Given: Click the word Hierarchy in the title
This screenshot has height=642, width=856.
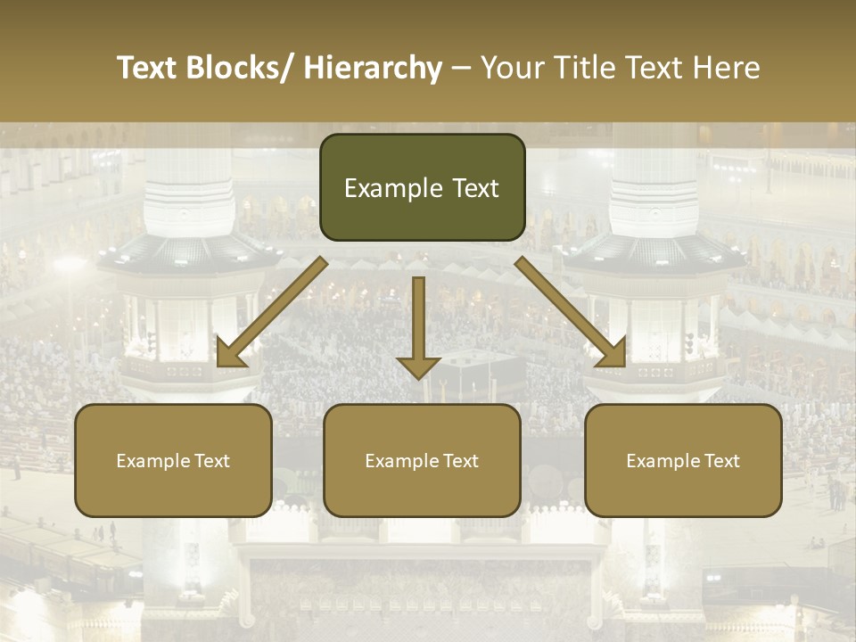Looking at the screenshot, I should pos(373,68).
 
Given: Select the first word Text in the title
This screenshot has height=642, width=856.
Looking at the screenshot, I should pos(148,68).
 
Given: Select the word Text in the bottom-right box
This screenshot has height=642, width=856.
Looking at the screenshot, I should pos(720,461).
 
